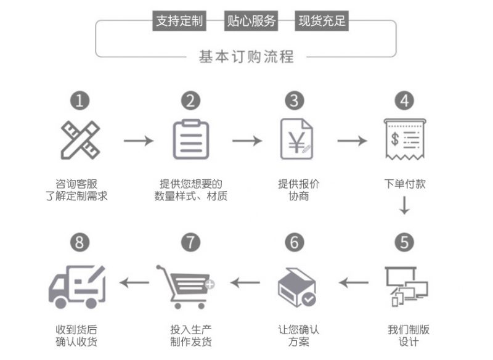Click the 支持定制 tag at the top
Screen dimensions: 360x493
point(179,22)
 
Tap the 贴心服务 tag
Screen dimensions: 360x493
point(251,22)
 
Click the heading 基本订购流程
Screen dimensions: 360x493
point(246,57)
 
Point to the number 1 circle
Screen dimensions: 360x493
point(79,100)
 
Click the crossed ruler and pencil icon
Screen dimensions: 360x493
point(80,140)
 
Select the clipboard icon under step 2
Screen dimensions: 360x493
point(190,140)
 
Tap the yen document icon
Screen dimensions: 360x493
point(295,141)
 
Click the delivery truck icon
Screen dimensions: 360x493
point(76,285)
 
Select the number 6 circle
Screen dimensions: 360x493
point(295,242)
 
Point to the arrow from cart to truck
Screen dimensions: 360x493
point(134,283)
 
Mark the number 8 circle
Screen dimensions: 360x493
point(79,242)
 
